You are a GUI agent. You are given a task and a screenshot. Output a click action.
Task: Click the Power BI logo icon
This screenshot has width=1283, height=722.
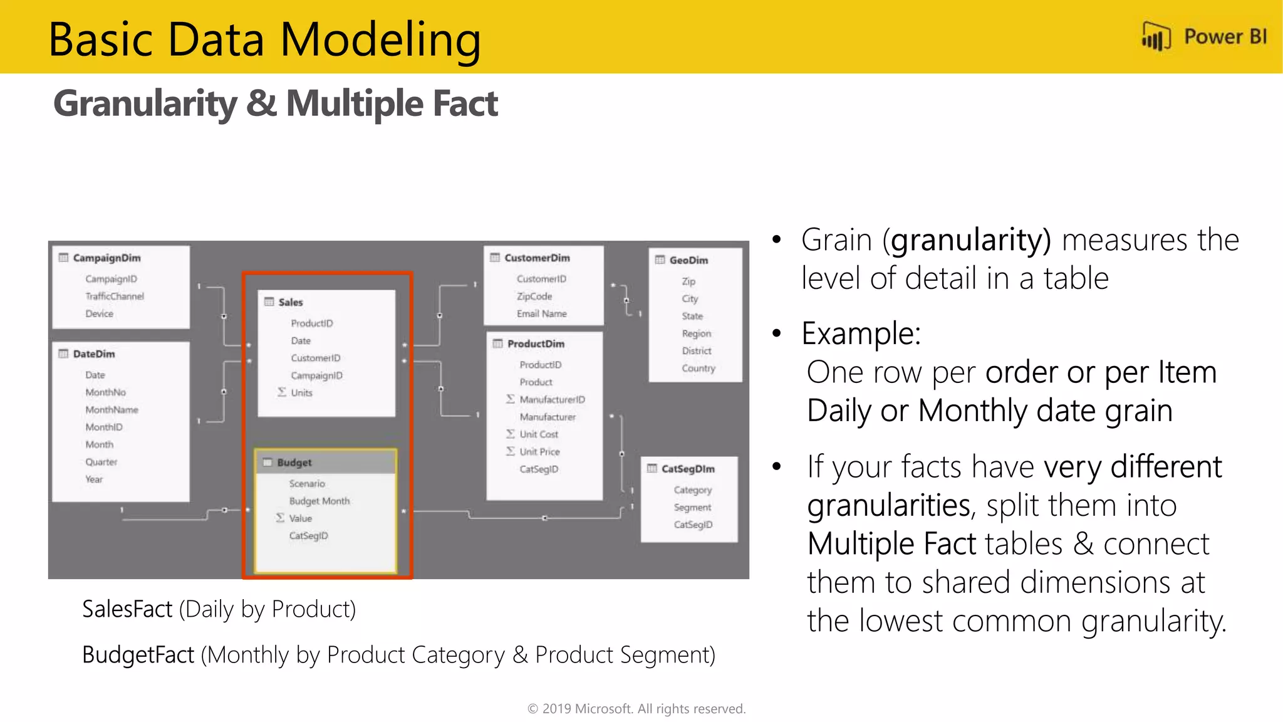[1156, 36]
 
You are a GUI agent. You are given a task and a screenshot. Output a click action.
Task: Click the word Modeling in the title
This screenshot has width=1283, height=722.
[380, 40]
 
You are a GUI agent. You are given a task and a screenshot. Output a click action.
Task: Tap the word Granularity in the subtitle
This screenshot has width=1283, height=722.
[145, 103]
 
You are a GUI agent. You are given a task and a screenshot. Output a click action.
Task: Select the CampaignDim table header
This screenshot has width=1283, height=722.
[106, 258]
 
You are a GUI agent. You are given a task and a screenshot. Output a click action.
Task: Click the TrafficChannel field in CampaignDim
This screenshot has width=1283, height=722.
[115, 296]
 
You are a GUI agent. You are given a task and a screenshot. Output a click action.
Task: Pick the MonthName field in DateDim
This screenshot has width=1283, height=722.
[112, 409]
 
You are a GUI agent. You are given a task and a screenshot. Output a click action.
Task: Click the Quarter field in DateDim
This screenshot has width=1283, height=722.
[101, 461]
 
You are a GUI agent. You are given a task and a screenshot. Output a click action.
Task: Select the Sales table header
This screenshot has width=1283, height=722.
[290, 302]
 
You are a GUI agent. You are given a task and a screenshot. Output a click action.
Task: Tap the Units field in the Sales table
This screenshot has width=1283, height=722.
[301, 392]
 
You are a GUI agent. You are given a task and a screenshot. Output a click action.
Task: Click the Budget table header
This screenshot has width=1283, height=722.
[294, 463]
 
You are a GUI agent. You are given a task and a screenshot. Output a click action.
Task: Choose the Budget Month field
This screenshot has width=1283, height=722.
[319, 501]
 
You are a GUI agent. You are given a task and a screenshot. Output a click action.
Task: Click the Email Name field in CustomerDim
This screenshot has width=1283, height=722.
[541, 313]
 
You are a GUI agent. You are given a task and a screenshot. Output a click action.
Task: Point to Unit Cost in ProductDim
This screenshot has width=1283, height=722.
[538, 434]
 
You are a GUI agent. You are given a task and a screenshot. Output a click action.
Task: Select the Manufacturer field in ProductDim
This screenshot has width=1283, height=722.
[547, 416]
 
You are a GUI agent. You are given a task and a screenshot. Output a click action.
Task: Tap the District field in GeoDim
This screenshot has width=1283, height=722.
[696, 350]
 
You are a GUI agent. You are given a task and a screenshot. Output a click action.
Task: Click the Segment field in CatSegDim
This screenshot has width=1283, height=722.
[692, 507]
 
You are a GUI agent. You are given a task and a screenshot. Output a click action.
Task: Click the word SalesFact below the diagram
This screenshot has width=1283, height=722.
[127, 609]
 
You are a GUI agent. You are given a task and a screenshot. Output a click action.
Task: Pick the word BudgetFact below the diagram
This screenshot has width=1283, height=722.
[138, 655]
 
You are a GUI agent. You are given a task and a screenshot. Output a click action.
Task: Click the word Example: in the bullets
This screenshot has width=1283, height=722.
[861, 333]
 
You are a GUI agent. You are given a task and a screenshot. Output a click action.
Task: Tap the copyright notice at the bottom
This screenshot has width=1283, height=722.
[636, 709]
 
